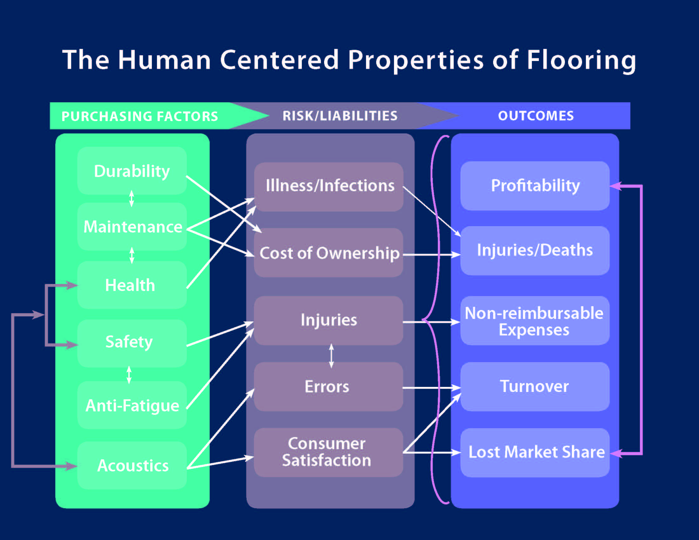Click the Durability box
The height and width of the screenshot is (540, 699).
tap(132, 171)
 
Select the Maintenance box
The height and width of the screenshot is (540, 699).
tap(132, 226)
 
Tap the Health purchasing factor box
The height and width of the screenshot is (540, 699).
tap(132, 285)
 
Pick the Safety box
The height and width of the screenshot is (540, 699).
tap(132, 343)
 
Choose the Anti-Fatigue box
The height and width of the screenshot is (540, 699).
tap(132, 405)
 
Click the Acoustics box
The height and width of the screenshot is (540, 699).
tap(132, 465)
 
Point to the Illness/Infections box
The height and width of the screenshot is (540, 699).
tap(329, 187)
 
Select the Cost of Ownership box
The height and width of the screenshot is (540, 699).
tap(329, 253)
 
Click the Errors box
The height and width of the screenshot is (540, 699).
tap(329, 387)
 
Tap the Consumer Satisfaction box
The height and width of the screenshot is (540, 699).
tap(329, 452)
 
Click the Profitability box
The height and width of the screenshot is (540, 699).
tap(535, 186)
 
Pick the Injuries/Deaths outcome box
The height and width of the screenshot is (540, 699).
tap(535, 251)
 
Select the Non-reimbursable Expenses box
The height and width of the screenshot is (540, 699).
tap(535, 321)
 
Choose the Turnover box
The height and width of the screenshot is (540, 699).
tap(535, 387)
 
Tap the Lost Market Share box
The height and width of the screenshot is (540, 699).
tap(535, 453)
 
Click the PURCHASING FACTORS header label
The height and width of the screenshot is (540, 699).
tap(140, 116)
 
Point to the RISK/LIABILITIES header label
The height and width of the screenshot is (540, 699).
tap(340, 116)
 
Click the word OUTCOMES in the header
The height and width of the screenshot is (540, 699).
tap(536, 116)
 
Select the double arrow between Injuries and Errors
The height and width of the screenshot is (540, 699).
tap(332, 356)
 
